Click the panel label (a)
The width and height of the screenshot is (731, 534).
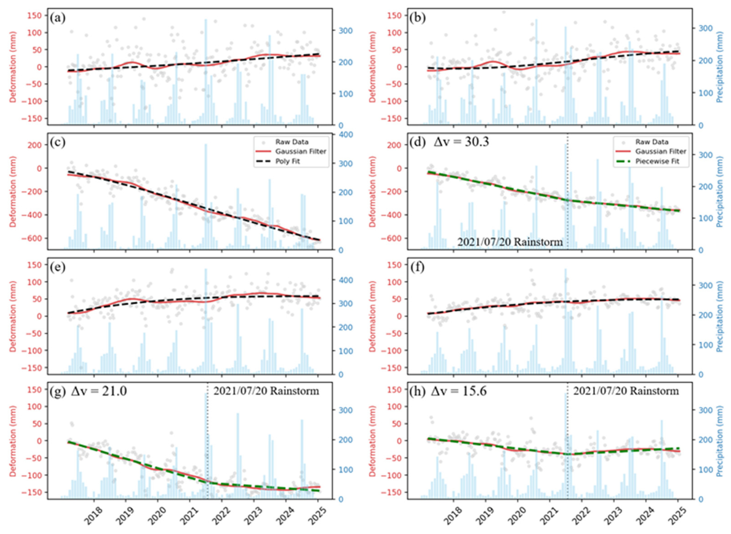click(58, 18)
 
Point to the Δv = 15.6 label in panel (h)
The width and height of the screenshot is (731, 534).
click(459, 392)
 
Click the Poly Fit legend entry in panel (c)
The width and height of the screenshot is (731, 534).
click(287, 161)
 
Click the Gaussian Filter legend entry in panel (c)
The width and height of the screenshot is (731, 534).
click(301, 151)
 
